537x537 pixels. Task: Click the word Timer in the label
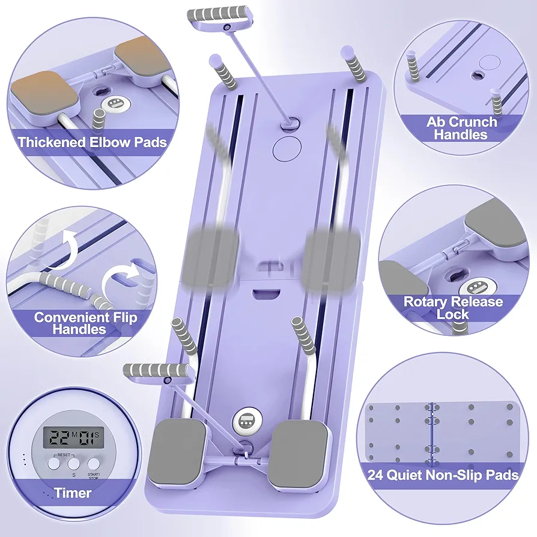click(x=73, y=493)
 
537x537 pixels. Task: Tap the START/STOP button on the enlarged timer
click(x=94, y=464)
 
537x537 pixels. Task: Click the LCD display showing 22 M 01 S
click(x=73, y=437)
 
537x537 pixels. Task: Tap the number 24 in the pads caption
click(x=376, y=475)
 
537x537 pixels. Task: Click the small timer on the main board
click(x=247, y=421)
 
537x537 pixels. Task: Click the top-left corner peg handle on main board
click(x=223, y=71)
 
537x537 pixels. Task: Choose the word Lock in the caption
click(x=452, y=314)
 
